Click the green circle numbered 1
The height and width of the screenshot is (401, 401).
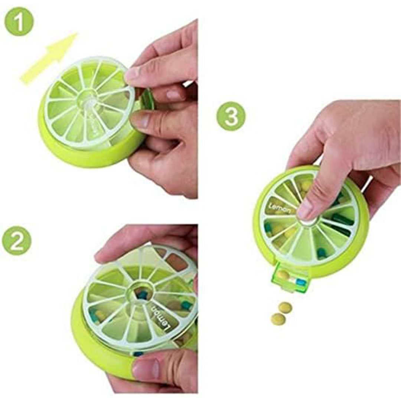(19, 21)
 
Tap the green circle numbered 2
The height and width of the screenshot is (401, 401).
(17, 241)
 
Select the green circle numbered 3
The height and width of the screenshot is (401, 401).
(231, 116)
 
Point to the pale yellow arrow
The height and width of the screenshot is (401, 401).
(49, 58)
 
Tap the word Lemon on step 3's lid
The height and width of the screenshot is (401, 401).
(280, 208)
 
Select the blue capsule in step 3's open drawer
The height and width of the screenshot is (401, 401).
(301, 282)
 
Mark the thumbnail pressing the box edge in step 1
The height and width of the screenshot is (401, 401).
(140, 121)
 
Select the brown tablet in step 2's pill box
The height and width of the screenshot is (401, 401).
(177, 262)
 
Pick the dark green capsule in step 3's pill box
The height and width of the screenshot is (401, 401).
(343, 220)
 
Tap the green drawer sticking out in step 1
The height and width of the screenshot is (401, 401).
(147, 100)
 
